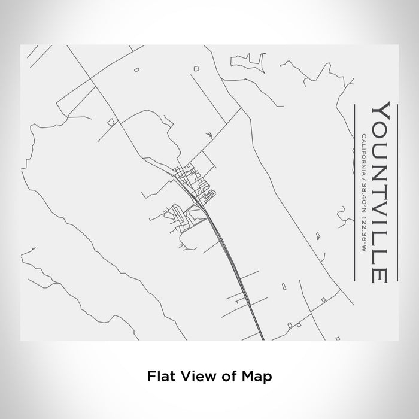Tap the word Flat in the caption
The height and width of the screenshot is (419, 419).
[158, 377]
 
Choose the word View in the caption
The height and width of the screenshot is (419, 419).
[191, 377]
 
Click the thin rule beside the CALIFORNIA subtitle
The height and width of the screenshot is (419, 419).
[356, 192]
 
